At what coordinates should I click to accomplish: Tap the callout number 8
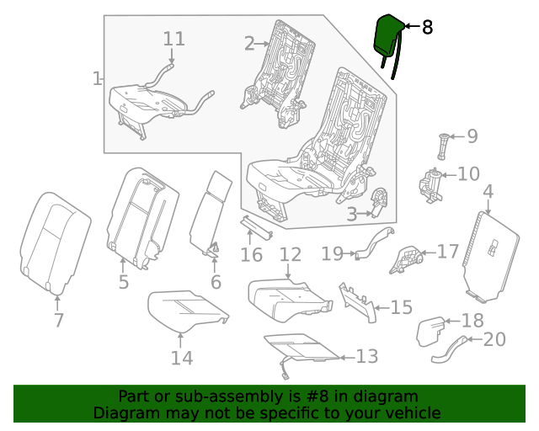pyautogui.click(x=427, y=28)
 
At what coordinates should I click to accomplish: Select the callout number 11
pyautogui.click(x=173, y=39)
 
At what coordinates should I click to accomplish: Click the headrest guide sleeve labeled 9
pyautogui.click(x=444, y=146)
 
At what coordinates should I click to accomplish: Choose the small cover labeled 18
pyautogui.click(x=434, y=329)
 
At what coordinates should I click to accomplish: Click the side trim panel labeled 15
pyautogui.click(x=360, y=301)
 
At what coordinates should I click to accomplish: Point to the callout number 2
pyautogui.click(x=249, y=43)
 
